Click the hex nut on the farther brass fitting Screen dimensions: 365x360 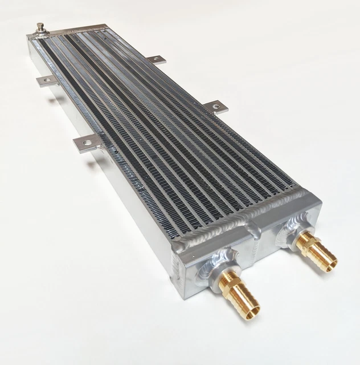(x=301, y=239)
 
